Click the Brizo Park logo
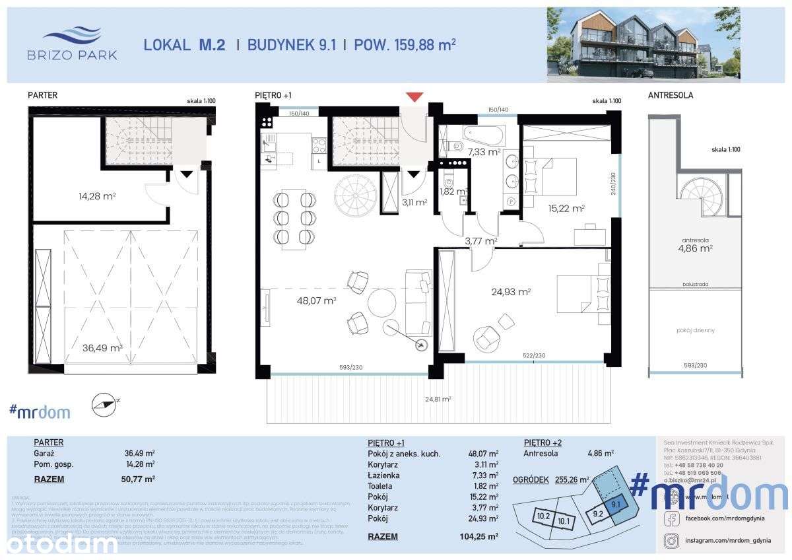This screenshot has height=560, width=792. point(72,43)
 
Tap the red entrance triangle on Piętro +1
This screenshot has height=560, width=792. point(414,97)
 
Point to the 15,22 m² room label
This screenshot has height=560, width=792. point(566,208)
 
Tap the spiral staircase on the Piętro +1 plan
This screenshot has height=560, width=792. point(354,193)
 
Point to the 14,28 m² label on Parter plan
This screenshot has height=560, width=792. point(96,195)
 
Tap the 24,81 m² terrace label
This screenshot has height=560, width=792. point(437,399)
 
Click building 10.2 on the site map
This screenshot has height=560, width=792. point(543,516)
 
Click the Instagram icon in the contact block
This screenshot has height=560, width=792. point(671,541)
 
